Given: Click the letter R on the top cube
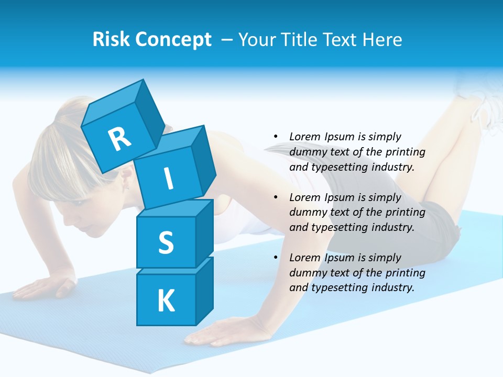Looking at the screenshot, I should click(119, 139).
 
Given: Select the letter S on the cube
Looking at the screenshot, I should click(166, 242).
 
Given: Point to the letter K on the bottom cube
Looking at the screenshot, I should click(166, 301).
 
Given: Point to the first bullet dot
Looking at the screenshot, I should click(276, 137).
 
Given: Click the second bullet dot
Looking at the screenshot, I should click(276, 197).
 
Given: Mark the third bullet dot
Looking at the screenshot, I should click(276, 258).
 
